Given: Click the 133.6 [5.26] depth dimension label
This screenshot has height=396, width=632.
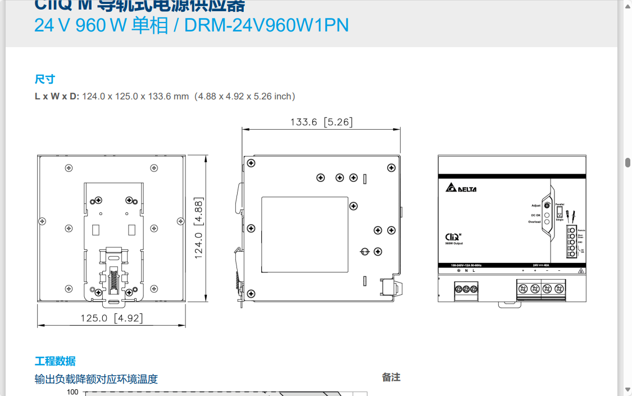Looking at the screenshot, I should (x=321, y=122).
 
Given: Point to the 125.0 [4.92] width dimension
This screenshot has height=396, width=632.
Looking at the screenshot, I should (x=111, y=318).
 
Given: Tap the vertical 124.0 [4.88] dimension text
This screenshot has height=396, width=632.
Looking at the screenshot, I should (x=199, y=227).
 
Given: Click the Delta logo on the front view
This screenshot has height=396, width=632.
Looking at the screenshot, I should (x=461, y=188).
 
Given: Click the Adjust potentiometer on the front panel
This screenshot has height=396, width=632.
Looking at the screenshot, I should (x=547, y=206).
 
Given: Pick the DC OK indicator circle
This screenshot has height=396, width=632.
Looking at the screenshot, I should (x=547, y=215).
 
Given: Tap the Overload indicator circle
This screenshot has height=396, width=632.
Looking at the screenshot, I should (x=547, y=222).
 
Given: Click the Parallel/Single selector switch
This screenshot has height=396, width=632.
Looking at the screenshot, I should (x=560, y=213).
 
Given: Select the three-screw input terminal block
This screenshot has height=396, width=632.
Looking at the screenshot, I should (x=466, y=289).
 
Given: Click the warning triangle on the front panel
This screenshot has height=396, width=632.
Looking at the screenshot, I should (x=580, y=271).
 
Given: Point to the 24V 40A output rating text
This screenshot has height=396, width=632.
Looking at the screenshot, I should (x=541, y=265).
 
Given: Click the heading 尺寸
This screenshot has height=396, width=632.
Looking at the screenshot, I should (x=45, y=79).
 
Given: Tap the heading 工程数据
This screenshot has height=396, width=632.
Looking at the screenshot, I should (x=55, y=361).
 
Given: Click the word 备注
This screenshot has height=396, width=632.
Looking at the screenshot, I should (x=391, y=377).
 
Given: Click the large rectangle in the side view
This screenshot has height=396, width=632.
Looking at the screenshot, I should (x=304, y=234).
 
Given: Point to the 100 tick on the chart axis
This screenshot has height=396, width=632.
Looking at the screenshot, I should (x=72, y=392).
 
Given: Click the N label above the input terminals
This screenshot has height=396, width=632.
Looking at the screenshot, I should (x=466, y=271).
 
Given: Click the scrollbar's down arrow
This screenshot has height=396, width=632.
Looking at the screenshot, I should (x=628, y=390).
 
